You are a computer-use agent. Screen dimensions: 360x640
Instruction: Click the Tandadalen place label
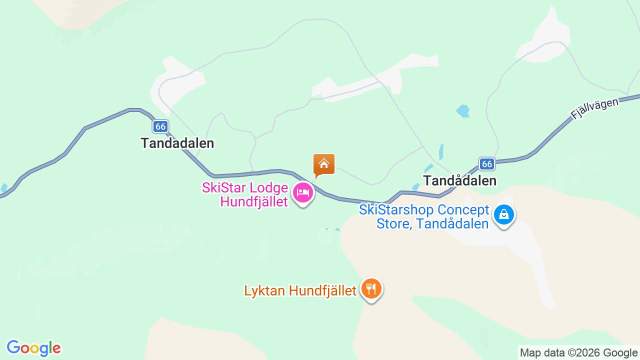(177, 143)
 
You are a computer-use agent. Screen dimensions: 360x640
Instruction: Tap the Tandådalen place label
(459, 180)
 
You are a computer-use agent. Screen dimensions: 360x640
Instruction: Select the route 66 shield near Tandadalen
(160, 126)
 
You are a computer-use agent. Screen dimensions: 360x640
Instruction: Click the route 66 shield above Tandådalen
(486, 163)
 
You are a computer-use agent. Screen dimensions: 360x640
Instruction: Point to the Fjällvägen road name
(595, 108)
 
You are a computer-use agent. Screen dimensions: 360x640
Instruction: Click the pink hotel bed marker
(302, 192)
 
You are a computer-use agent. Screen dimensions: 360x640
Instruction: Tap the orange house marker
(323, 164)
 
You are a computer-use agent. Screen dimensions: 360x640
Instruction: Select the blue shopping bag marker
(503, 215)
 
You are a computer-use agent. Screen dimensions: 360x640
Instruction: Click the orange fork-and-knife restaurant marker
(371, 289)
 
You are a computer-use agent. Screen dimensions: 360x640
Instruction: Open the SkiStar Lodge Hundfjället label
(245, 195)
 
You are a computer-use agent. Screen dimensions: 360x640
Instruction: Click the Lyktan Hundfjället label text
(300, 290)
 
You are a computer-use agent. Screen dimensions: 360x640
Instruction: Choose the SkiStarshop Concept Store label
(424, 216)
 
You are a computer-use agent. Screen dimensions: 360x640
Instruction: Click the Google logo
(33, 348)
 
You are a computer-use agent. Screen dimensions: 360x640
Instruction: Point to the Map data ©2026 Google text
(578, 353)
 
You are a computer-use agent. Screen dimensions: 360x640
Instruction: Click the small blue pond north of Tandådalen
(463, 110)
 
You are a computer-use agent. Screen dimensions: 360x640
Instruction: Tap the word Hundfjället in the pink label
(254, 202)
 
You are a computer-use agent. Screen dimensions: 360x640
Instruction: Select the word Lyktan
(263, 290)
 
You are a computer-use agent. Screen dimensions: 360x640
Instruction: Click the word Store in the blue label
(392, 223)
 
